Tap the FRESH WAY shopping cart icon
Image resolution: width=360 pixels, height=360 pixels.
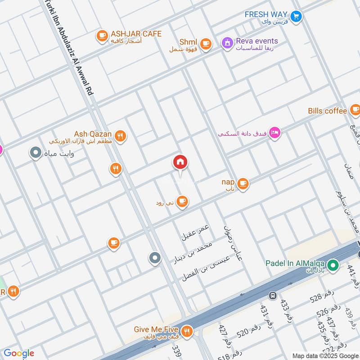[296, 16]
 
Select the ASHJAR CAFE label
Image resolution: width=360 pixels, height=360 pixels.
[135, 34]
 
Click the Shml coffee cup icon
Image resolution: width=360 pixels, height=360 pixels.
[206, 44]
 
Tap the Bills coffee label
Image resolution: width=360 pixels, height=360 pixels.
[328, 111]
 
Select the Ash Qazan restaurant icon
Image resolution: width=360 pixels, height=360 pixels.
[120, 135]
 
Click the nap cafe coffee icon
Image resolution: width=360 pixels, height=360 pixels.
[243, 183]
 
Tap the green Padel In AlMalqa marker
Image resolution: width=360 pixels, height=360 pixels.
[333, 265]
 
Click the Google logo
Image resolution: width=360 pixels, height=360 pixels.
[19, 353]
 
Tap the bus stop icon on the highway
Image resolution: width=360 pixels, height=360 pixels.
[272, 296]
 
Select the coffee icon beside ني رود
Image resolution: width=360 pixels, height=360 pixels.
[182, 202]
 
